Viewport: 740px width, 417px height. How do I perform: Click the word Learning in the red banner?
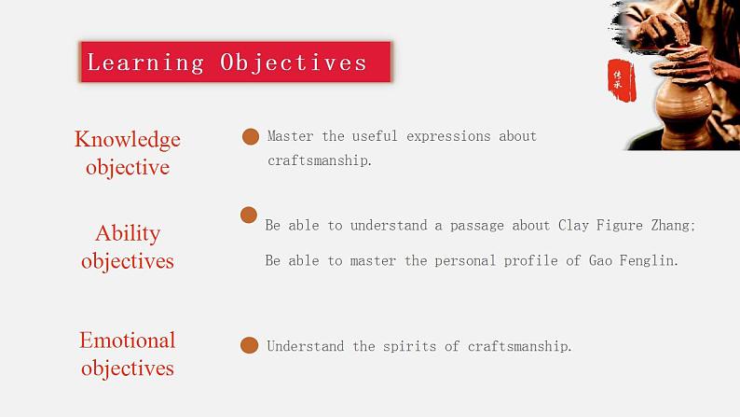coord(144,63)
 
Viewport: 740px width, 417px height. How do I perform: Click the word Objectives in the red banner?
coord(294,63)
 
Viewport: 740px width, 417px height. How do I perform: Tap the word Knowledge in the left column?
coord(128,139)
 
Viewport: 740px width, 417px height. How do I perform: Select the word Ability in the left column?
coord(128,233)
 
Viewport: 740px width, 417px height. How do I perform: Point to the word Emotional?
coord(128,341)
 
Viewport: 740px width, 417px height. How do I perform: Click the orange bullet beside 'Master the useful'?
coord(250,137)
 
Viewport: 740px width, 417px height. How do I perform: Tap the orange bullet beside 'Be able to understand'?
coord(248,215)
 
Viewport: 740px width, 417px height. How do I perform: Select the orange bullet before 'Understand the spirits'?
coord(249,346)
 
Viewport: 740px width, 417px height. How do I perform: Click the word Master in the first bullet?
coord(290,136)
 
